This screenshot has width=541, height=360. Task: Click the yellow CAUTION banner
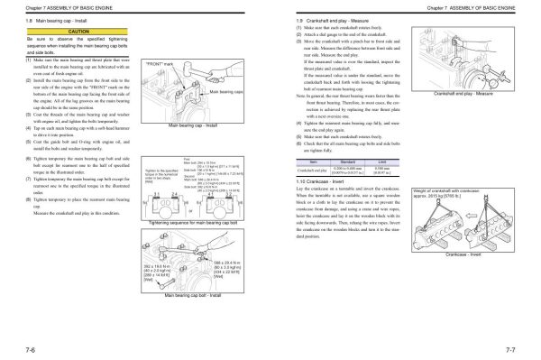(x=65, y=30)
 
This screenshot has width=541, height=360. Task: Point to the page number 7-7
(x=520, y=346)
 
